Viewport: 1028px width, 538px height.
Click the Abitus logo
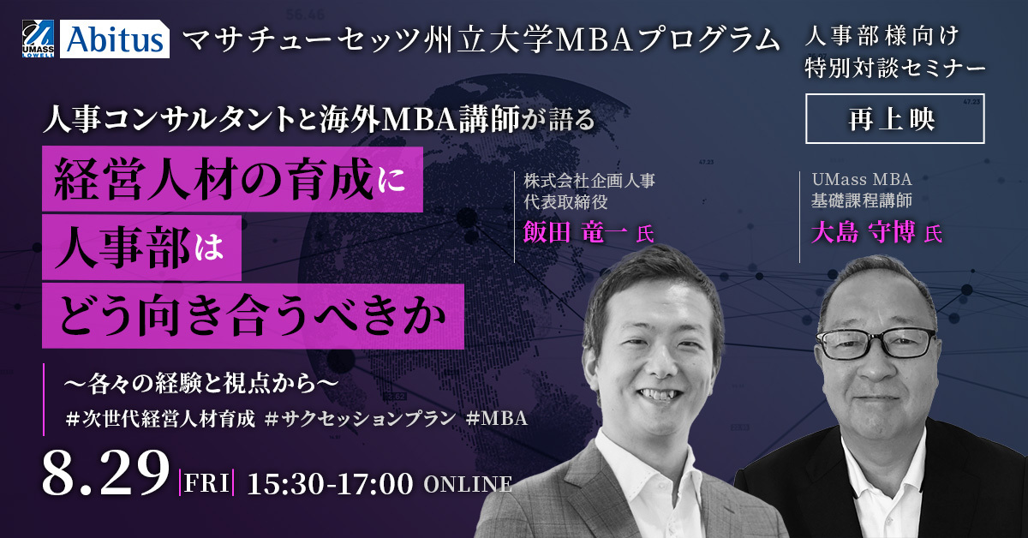pyautogui.click(x=115, y=39)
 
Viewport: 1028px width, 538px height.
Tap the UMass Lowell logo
pyautogui.click(x=38, y=39)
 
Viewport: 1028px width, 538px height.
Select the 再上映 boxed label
pyautogui.click(x=895, y=119)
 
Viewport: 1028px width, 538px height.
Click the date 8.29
pyautogui.click(x=105, y=473)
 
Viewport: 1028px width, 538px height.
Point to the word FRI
pyautogui.click(x=206, y=483)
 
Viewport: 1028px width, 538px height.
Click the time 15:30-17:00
pyautogui.click(x=331, y=484)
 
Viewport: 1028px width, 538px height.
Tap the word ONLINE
pyautogui.click(x=468, y=484)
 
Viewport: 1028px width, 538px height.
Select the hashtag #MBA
pyautogui.click(x=496, y=419)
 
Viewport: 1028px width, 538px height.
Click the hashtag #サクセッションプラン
pyautogui.click(x=361, y=419)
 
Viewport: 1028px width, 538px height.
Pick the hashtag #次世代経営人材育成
pyautogui.click(x=160, y=419)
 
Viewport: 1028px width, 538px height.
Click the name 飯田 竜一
pyautogui.click(x=575, y=232)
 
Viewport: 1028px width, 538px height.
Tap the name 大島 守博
pyautogui.click(x=864, y=232)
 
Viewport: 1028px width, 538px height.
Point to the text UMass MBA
pyautogui.click(x=862, y=179)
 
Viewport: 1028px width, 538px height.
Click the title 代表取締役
pyautogui.click(x=566, y=202)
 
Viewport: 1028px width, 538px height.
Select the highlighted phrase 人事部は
pyautogui.click(x=142, y=248)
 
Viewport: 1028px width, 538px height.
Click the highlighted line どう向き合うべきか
pyautogui.click(x=253, y=316)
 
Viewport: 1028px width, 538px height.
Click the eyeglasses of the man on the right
pyautogui.click(x=876, y=343)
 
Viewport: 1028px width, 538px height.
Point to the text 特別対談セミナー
pyautogui.click(x=895, y=68)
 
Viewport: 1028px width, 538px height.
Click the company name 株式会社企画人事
pyautogui.click(x=589, y=181)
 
